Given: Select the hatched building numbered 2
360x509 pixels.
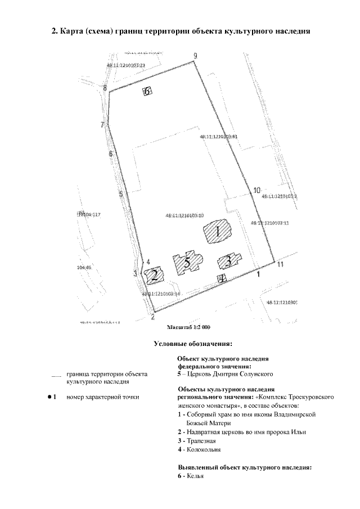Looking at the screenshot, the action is tap(154, 275).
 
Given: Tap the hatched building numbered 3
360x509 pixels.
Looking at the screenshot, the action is tap(228, 260).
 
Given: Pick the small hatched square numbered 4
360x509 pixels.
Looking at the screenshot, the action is tap(222, 278).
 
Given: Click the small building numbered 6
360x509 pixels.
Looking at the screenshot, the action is tap(147, 91).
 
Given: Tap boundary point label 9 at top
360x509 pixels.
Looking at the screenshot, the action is tap(195, 55).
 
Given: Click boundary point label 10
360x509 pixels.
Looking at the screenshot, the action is tap(256, 190).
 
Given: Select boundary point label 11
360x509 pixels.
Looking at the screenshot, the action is tap(280, 265).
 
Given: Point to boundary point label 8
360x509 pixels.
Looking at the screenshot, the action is tap(105, 88).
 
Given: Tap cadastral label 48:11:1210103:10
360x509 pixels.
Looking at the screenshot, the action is tap(184, 215).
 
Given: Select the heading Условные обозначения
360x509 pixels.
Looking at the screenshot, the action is tap(193, 343).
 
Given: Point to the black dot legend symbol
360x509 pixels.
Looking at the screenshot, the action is tap(49, 397).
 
